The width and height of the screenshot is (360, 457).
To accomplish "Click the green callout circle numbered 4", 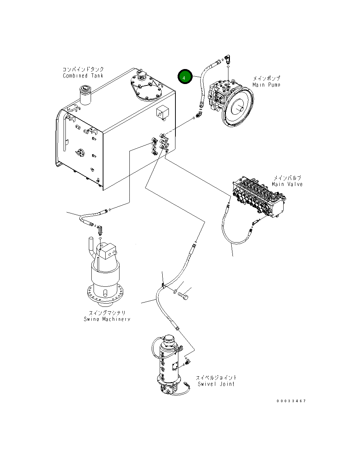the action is (x=185, y=76).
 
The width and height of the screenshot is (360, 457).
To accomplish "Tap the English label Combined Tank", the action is (x=83, y=76).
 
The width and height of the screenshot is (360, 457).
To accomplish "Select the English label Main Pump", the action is (x=266, y=85).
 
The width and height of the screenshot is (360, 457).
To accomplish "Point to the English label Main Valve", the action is (x=287, y=184).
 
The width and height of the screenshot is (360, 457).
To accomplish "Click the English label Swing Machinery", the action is (x=107, y=319).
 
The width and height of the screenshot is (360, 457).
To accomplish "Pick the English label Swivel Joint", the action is (x=216, y=384).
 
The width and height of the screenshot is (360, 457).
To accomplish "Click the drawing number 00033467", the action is (x=291, y=401).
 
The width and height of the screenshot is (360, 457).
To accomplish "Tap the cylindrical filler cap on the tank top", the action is (x=85, y=95).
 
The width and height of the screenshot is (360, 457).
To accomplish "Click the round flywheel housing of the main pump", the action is (x=238, y=107).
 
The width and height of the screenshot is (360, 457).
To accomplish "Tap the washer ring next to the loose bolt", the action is (x=175, y=291).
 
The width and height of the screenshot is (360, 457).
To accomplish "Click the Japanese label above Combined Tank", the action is (x=83, y=69).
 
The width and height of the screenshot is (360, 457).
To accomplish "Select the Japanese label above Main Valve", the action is (x=287, y=178).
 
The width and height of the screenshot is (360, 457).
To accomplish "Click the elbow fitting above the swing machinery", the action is (x=100, y=231).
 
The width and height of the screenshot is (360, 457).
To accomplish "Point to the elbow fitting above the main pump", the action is (x=227, y=59).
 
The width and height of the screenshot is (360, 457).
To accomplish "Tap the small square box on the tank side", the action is (x=163, y=113).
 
